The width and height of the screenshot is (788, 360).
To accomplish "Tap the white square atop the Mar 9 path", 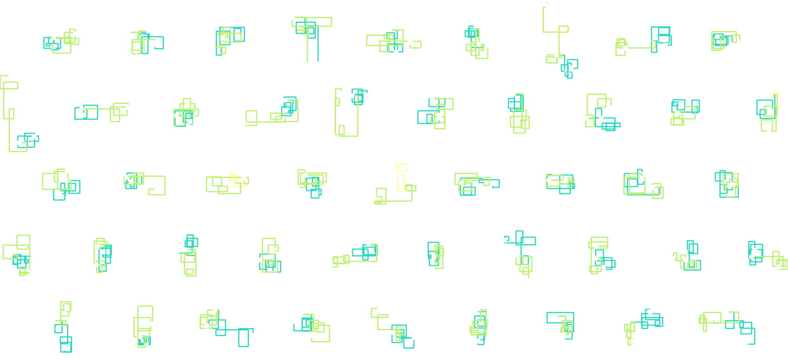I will (547, 6).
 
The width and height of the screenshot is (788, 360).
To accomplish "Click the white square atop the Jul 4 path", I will (11, 76).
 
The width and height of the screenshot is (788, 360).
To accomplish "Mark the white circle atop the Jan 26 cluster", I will (292, 17).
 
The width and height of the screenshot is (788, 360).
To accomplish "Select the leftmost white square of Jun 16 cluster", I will (243, 125).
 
